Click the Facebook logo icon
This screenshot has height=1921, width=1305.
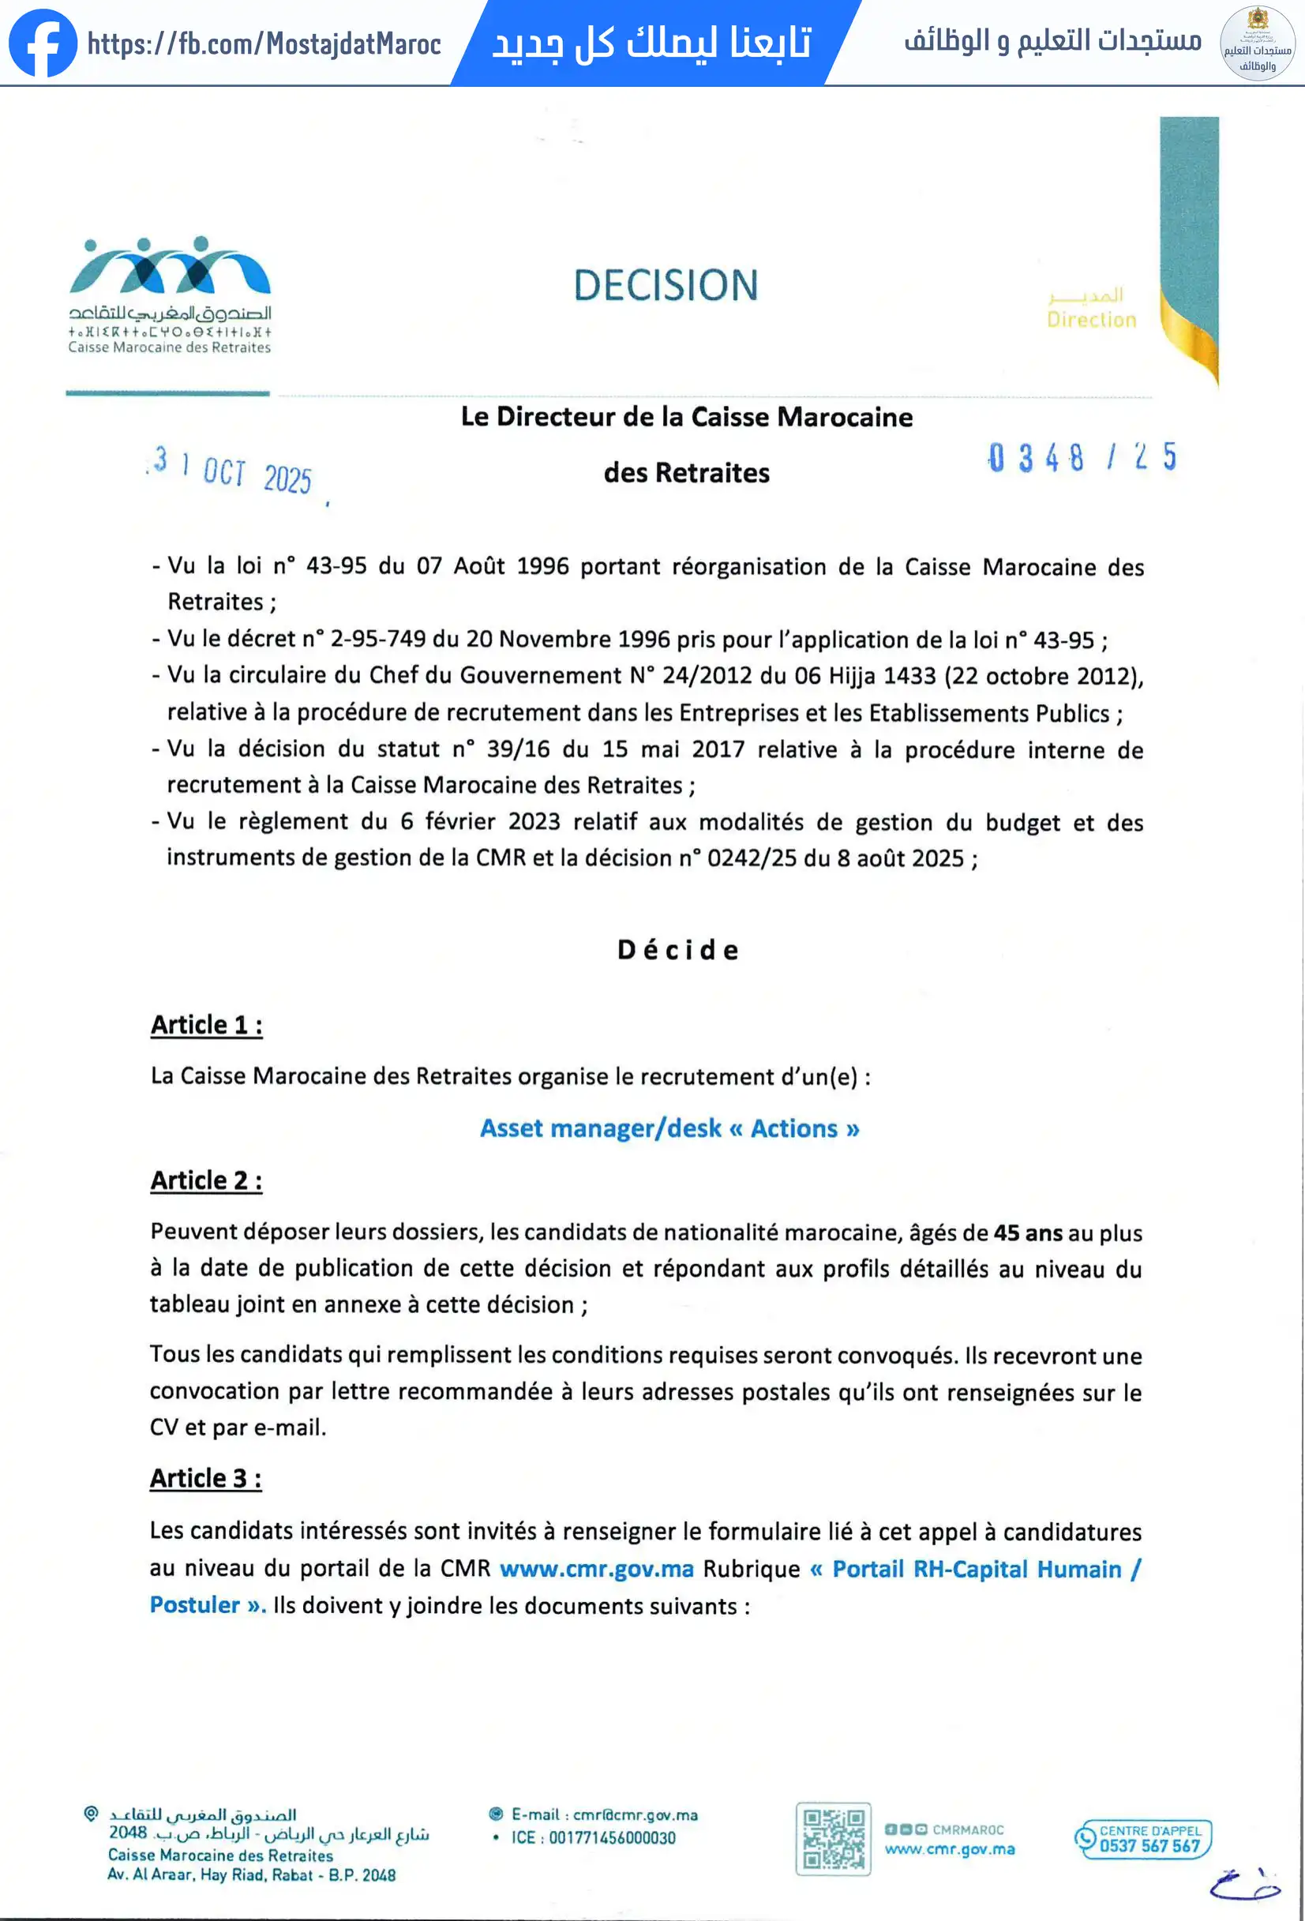click(x=43, y=43)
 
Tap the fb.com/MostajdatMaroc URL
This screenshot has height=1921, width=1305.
click(x=264, y=43)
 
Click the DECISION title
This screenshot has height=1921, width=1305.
click(x=666, y=286)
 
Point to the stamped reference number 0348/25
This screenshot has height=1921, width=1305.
click(x=1082, y=457)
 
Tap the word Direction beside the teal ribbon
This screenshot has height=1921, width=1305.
click(x=1091, y=320)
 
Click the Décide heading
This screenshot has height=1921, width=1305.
click(x=677, y=950)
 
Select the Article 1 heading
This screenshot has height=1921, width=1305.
click(x=207, y=1025)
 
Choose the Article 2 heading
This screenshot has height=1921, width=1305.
click(x=207, y=1180)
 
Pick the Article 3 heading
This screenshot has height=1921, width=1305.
click(x=206, y=1478)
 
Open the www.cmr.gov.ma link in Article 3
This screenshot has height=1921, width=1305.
click(x=597, y=1569)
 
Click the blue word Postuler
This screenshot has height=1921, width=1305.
click(x=195, y=1605)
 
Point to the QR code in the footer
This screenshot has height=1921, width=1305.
click(x=833, y=1839)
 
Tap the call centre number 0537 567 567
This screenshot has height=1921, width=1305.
click(x=1149, y=1846)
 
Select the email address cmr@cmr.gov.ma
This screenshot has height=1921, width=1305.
click(x=635, y=1814)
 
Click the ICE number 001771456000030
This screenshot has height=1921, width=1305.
click(x=612, y=1837)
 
